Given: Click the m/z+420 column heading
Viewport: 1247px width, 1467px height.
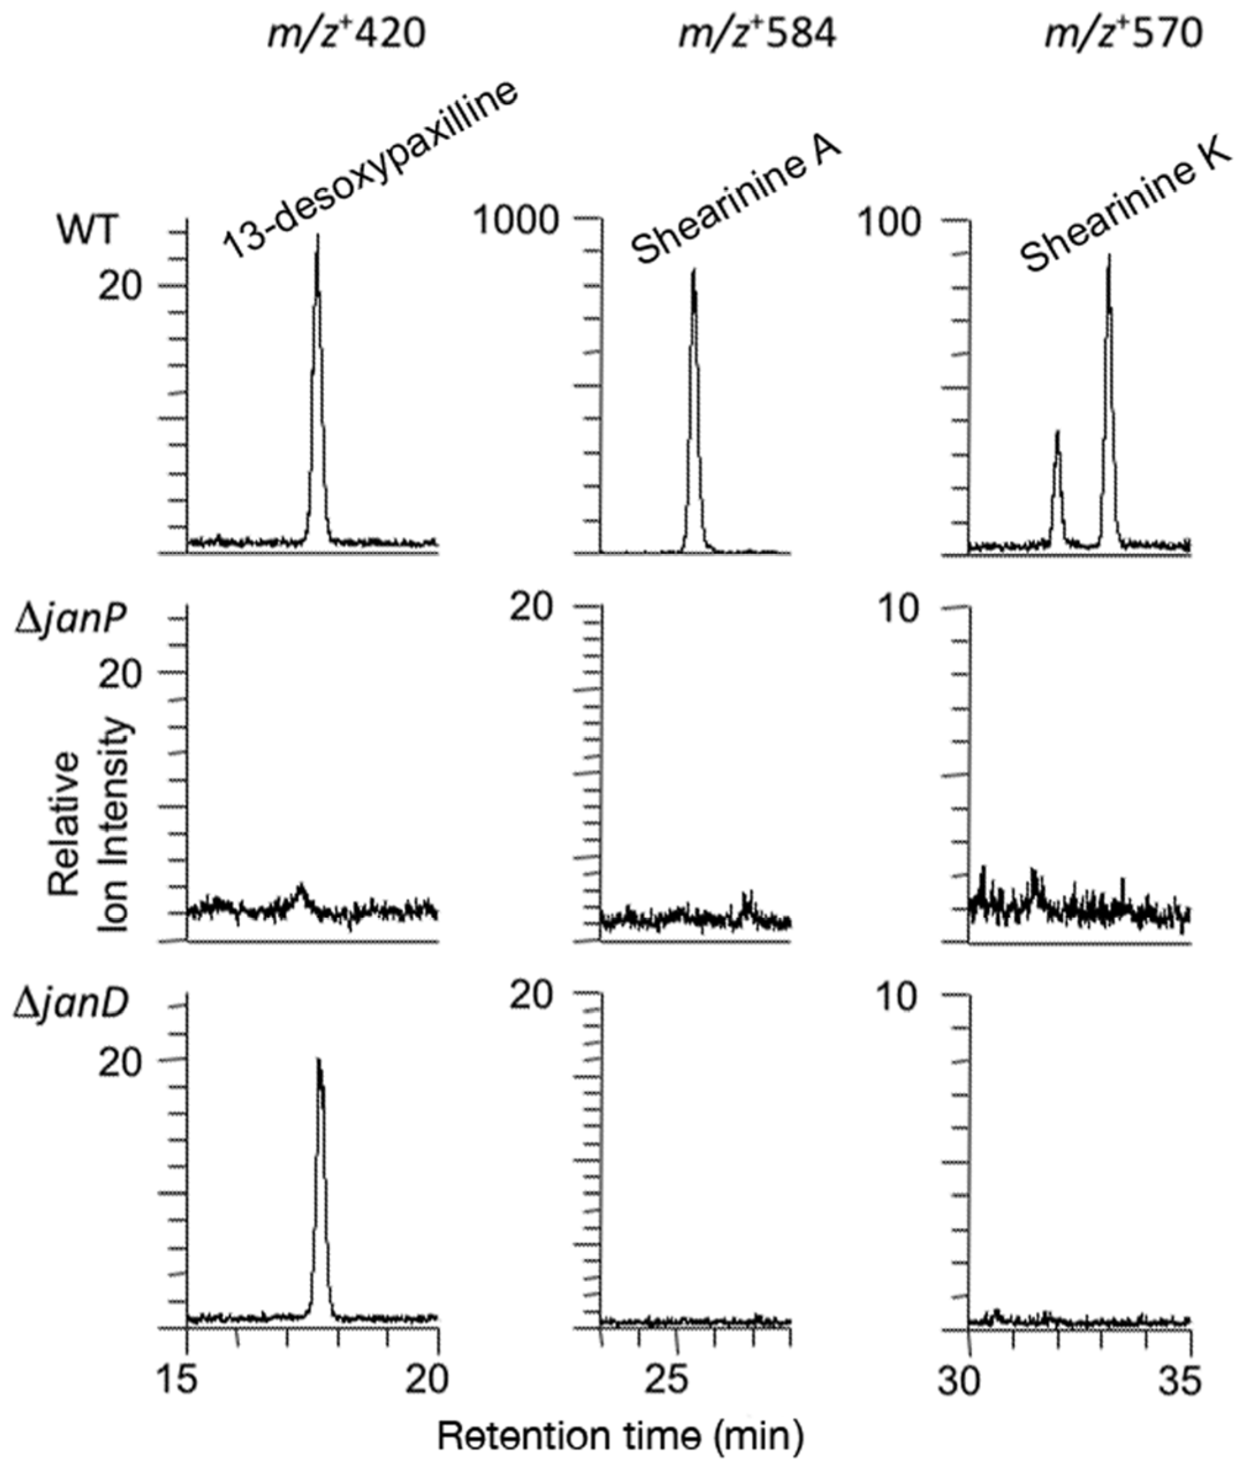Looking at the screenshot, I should [347, 34].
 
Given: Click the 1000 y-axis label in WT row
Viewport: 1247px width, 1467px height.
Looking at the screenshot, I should [516, 221].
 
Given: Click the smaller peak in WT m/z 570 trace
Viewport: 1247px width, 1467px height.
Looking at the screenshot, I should [1058, 432].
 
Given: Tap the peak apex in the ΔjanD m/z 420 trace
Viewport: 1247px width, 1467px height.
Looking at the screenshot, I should [319, 1060].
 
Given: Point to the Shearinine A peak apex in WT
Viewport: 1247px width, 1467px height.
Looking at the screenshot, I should [693, 270].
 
